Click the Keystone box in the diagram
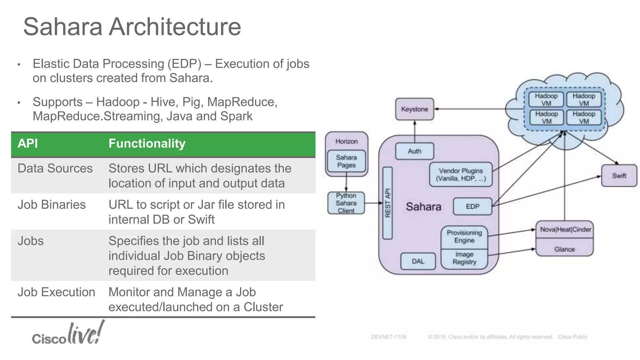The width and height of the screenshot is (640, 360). click(414, 109)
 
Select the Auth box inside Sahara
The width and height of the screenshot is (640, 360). click(414, 151)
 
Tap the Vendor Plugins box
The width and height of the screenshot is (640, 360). click(461, 175)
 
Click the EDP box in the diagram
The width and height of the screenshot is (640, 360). click(472, 207)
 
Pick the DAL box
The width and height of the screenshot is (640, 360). click(418, 261)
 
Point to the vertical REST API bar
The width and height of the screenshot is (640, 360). click(387, 203)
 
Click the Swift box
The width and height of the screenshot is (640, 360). click(619, 176)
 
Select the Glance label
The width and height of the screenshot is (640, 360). click(564, 249)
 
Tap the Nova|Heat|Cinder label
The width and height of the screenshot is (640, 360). click(565, 230)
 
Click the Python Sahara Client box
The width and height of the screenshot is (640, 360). click(346, 203)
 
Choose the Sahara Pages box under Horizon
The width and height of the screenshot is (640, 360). click(346, 161)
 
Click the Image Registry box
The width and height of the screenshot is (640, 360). click(464, 259)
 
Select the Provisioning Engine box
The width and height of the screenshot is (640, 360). click(464, 237)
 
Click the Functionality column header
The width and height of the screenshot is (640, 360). click(147, 144)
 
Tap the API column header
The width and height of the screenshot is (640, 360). click(28, 144)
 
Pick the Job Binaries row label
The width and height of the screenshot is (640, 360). click(52, 205)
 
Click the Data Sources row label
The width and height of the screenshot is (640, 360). click(55, 168)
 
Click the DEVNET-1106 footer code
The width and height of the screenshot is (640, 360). click(388, 337)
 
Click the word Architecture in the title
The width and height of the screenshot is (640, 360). click(175, 27)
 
